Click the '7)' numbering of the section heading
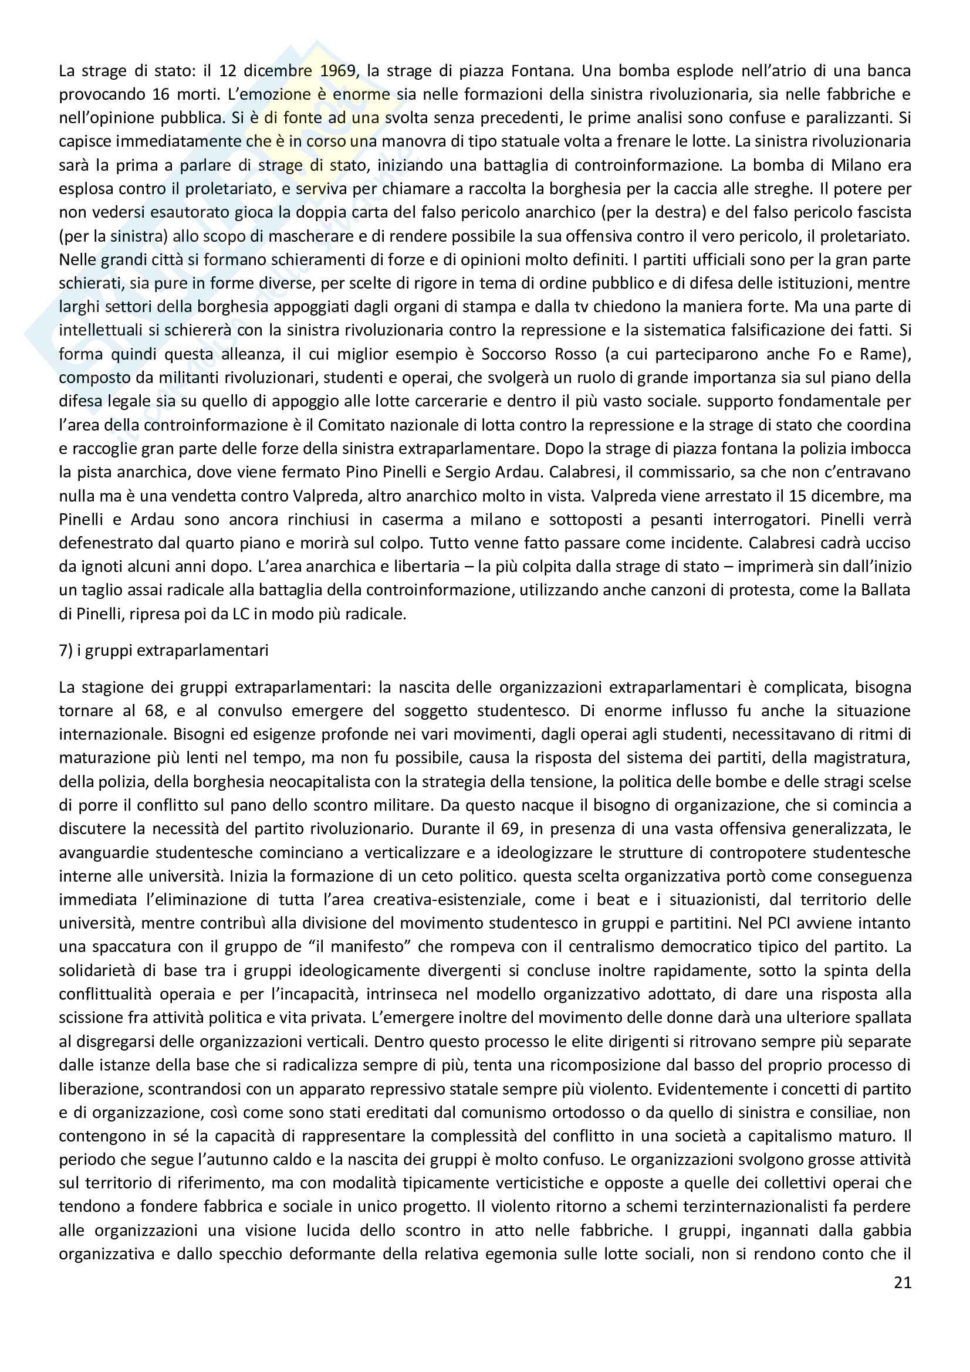tap(66, 650)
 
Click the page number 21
tap(903, 1283)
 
